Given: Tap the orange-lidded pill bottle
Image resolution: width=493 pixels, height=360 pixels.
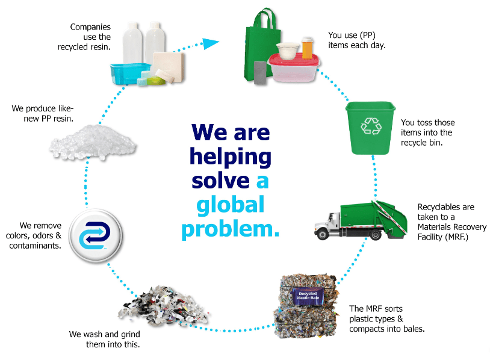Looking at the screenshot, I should click(307, 47).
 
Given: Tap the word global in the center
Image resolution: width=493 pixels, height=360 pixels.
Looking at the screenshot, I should click(231, 205).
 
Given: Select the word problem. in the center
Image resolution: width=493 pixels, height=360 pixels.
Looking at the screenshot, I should click(231, 229).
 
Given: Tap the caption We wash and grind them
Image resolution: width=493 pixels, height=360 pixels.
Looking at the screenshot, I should click(105, 339).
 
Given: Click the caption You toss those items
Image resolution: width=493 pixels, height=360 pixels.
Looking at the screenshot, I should click(428, 132).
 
